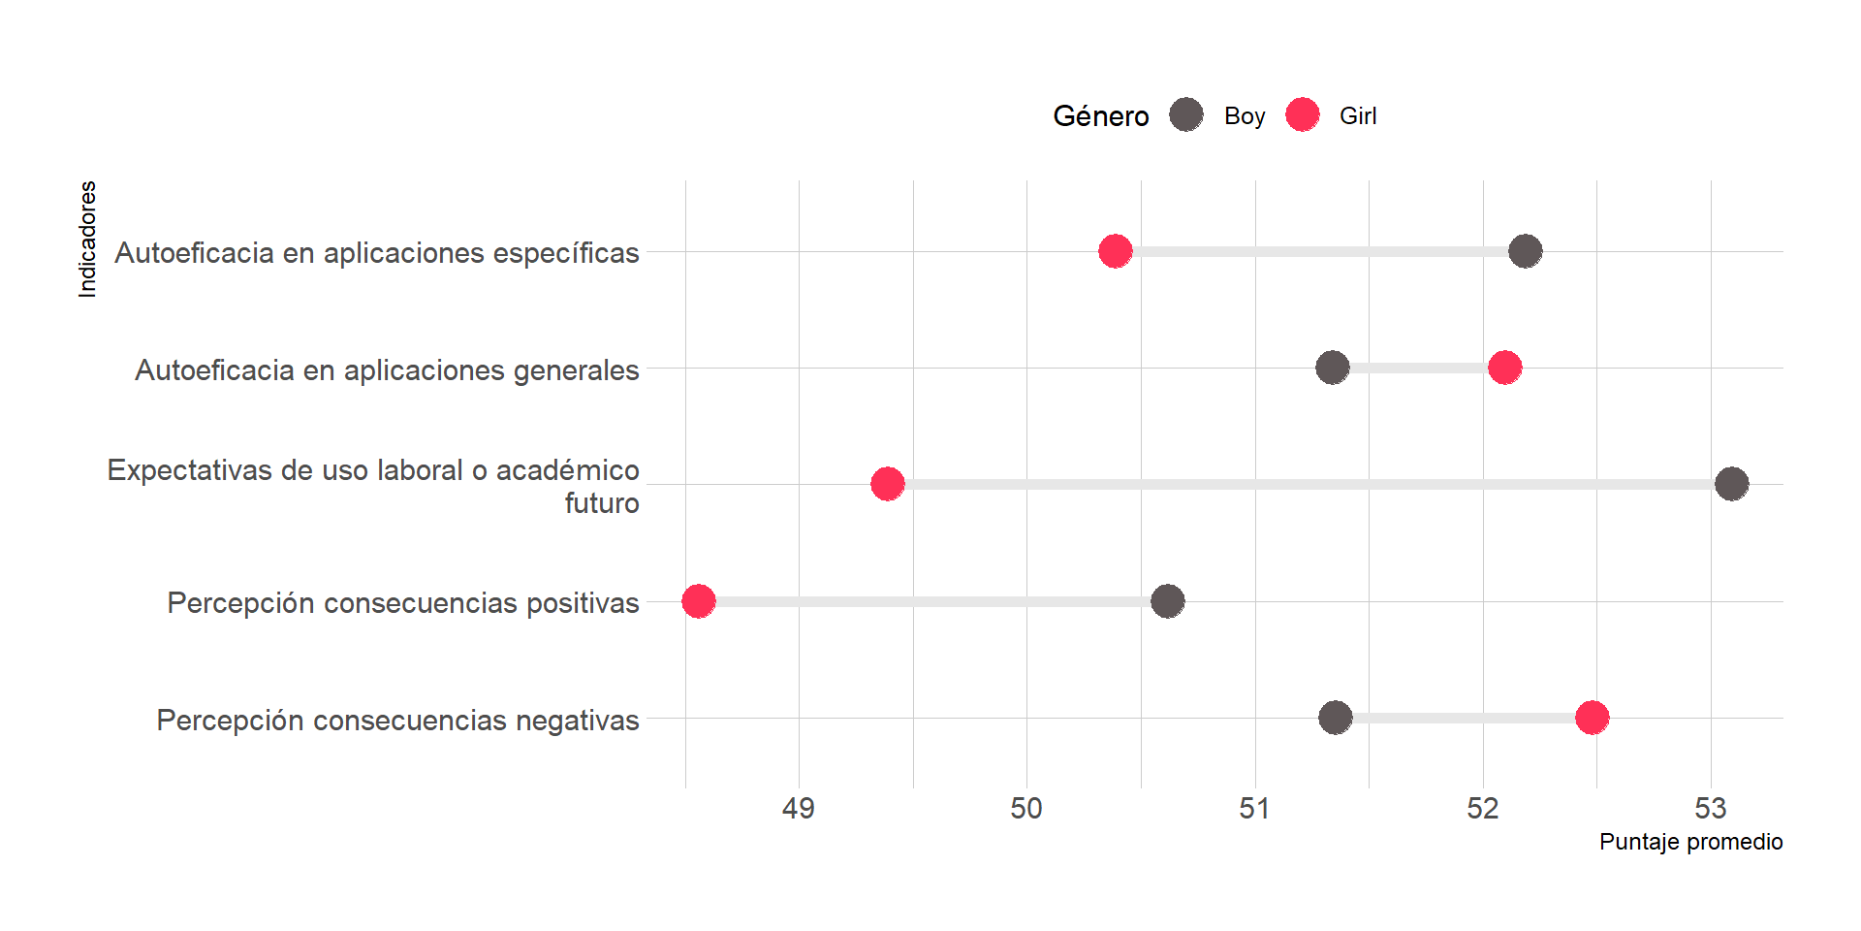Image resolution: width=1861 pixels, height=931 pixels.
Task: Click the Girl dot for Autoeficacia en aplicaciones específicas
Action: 1116,251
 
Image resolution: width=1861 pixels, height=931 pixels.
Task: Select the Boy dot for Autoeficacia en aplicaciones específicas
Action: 1526,251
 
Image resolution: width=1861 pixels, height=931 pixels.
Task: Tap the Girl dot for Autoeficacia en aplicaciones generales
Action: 1504,368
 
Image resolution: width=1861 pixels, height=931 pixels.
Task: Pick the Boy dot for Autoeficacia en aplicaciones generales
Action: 1333,368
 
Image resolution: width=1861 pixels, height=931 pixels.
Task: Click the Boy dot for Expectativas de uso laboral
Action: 1732,483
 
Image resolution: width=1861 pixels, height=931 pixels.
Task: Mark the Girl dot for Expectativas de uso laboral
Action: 888,483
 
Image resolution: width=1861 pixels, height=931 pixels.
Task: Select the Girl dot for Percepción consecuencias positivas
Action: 699,601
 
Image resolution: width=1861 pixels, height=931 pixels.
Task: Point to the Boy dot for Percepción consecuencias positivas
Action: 1168,601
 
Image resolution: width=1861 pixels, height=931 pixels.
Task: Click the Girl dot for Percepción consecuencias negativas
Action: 1593,718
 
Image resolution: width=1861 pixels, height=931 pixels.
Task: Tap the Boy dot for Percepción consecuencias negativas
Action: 1336,718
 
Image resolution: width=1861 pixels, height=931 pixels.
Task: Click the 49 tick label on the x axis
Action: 799,808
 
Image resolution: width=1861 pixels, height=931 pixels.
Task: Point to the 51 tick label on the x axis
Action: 1254,808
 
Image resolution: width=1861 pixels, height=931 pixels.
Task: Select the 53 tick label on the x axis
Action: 1711,808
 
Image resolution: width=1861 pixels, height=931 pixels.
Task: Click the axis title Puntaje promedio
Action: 1690,842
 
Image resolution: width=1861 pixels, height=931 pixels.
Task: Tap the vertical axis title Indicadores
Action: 88,239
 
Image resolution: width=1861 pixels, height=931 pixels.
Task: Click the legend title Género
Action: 1101,116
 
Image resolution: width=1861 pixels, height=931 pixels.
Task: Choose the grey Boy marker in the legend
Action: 1186,114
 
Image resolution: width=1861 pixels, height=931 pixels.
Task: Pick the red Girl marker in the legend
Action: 1303,114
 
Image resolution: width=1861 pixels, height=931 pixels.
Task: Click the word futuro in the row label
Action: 602,503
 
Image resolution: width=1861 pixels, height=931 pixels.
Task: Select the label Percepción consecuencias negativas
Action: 397,721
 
